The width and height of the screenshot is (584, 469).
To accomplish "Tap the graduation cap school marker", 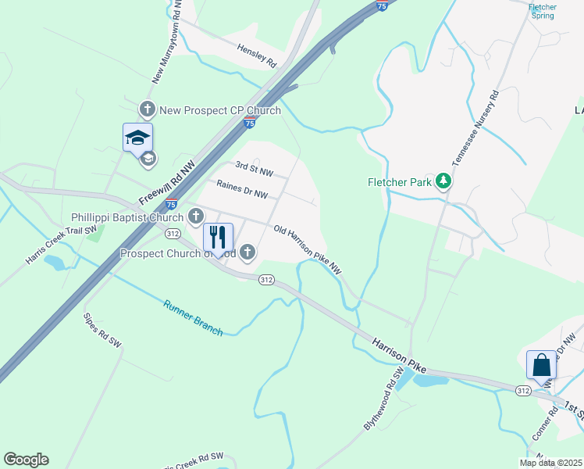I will (137, 138).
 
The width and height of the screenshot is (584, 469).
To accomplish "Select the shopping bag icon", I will (542, 365).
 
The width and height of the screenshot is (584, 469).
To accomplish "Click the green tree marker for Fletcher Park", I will (444, 182).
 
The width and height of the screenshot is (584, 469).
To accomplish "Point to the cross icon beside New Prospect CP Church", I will (148, 110).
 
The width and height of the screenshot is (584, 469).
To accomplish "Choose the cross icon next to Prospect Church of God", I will (247, 252).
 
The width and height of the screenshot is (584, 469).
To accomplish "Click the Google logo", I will (26, 460).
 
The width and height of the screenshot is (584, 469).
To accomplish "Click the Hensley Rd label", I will (257, 54).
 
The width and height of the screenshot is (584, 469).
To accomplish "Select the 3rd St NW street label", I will (255, 168).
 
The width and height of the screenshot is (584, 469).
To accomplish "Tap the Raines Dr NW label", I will (242, 189).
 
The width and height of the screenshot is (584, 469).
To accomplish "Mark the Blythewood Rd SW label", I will (383, 398).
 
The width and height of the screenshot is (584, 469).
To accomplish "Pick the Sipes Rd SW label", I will (102, 331).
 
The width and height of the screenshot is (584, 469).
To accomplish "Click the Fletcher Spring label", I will (542, 11).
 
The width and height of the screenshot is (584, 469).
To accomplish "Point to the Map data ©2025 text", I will (550, 463).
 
